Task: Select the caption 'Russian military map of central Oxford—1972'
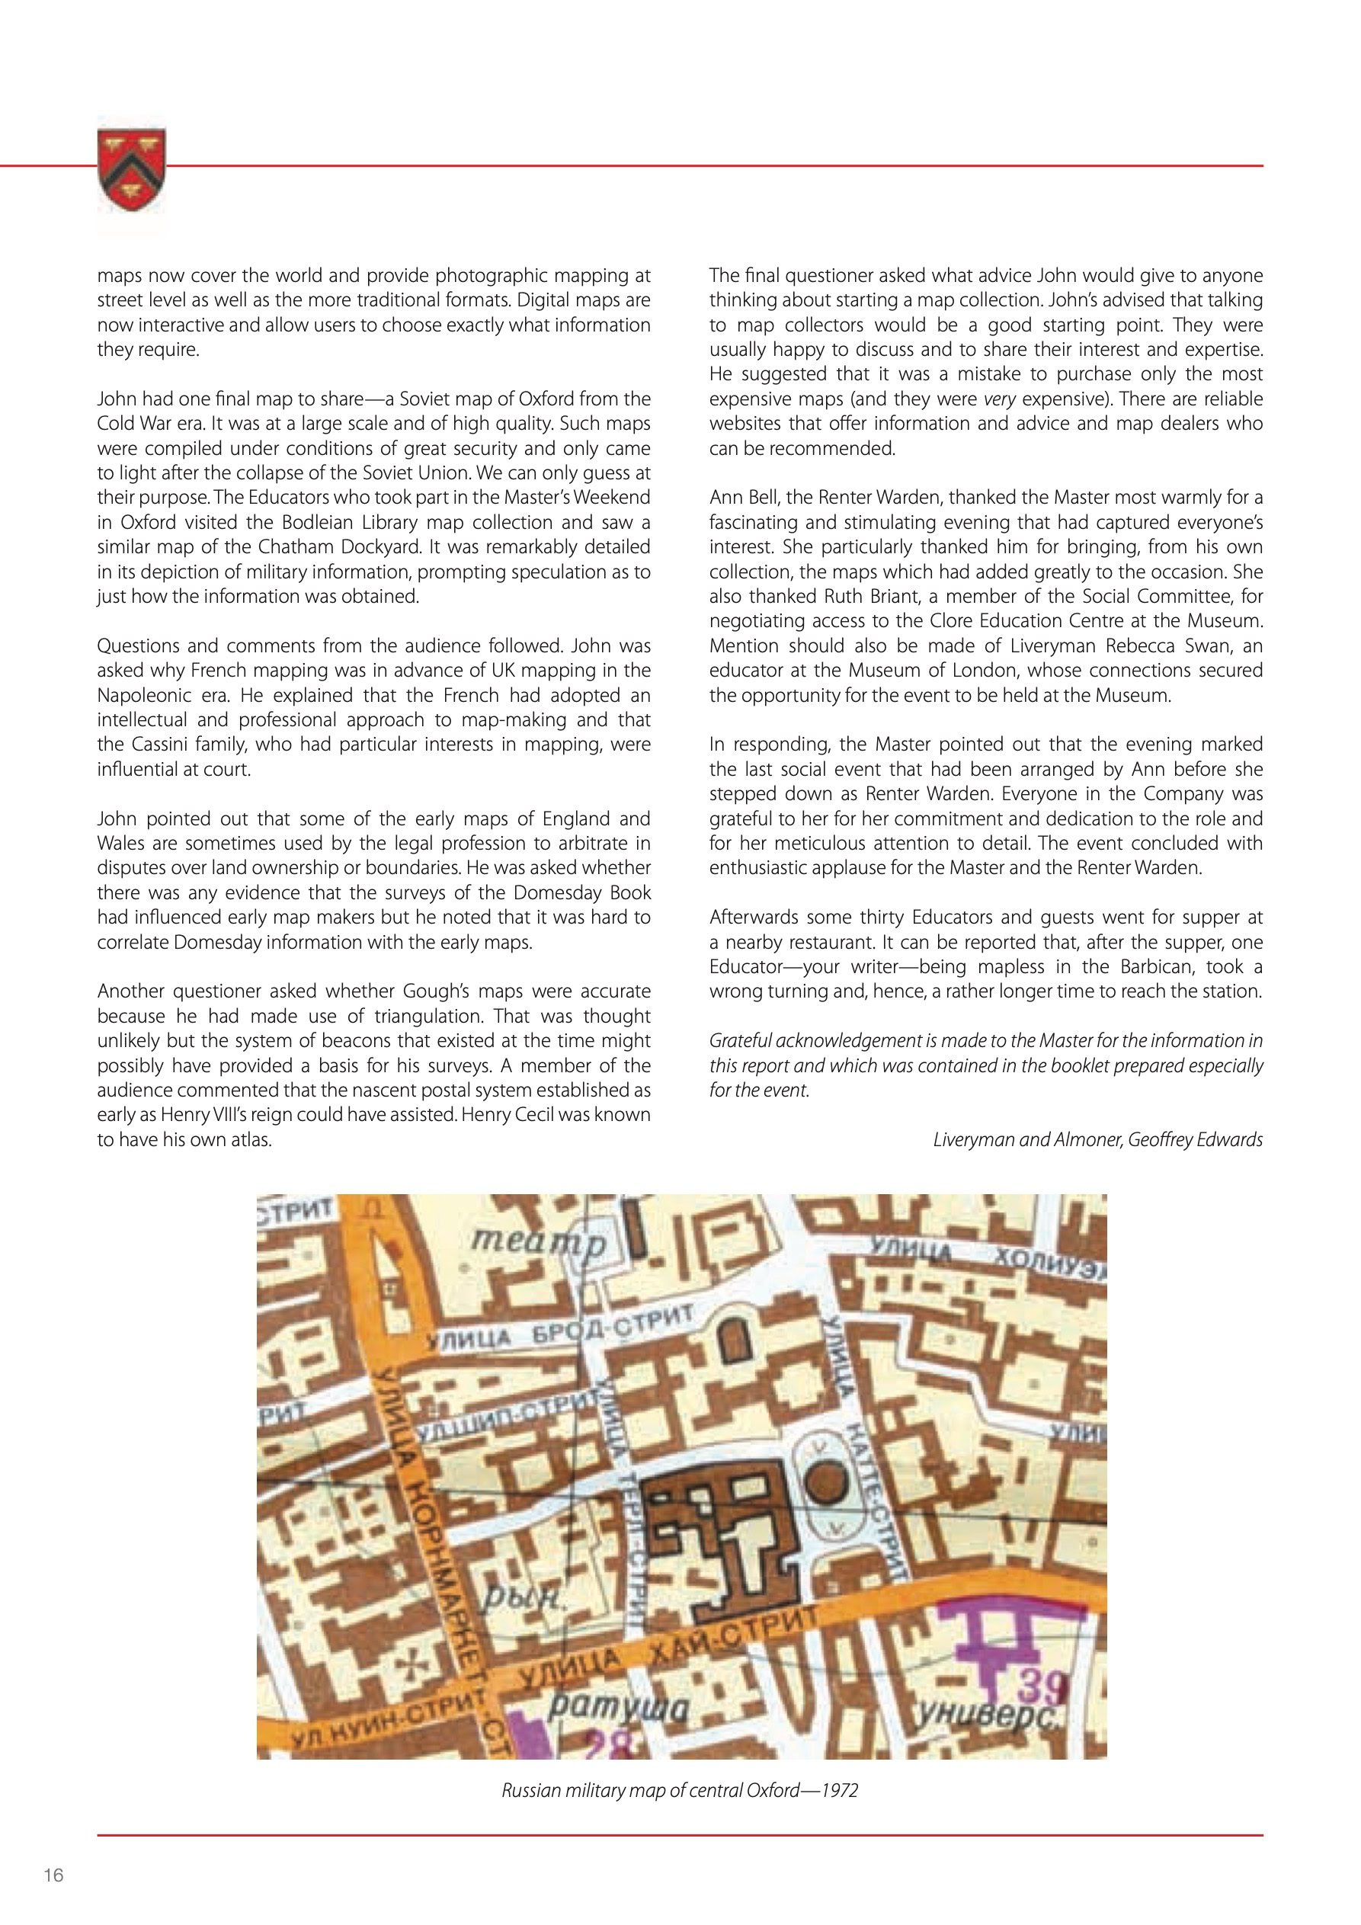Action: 679,1791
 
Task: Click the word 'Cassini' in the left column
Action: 160,745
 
